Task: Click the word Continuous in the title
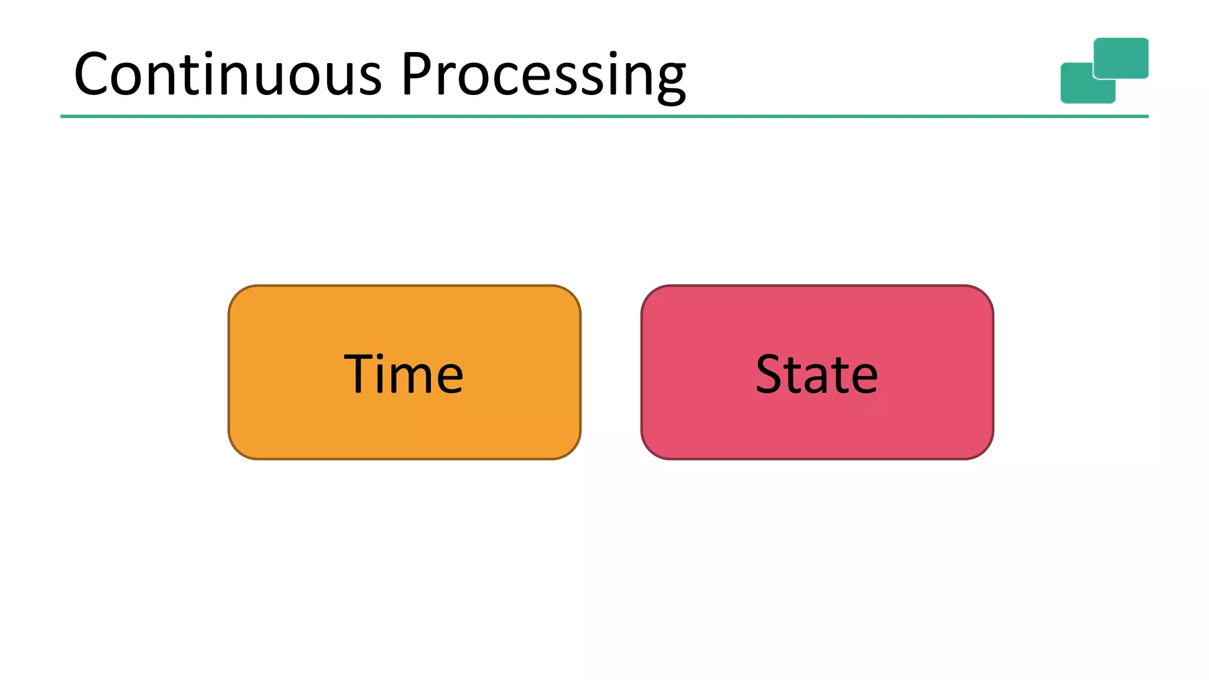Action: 228,75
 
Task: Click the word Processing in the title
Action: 543,75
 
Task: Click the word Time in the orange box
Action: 404,374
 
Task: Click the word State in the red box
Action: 816,374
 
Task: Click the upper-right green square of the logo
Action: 1120,58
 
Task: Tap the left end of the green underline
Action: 63,116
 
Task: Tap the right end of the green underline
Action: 1146,116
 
